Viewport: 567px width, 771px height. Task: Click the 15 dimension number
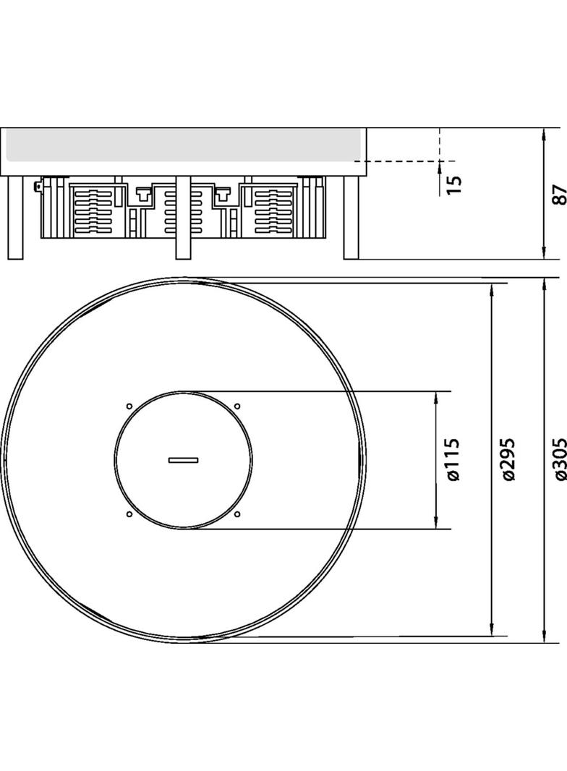coord(454,184)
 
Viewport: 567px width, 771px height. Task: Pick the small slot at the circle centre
coord(183,459)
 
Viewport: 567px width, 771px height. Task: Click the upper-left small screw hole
coord(129,406)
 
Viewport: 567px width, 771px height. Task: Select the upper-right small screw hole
coord(236,406)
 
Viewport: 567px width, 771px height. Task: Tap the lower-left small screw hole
coord(129,514)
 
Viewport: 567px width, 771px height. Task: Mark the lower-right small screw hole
coord(236,514)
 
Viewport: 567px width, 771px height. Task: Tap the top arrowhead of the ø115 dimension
coord(436,398)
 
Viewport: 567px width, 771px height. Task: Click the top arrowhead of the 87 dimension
coord(544,135)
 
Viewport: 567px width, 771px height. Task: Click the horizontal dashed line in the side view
coord(405,161)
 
